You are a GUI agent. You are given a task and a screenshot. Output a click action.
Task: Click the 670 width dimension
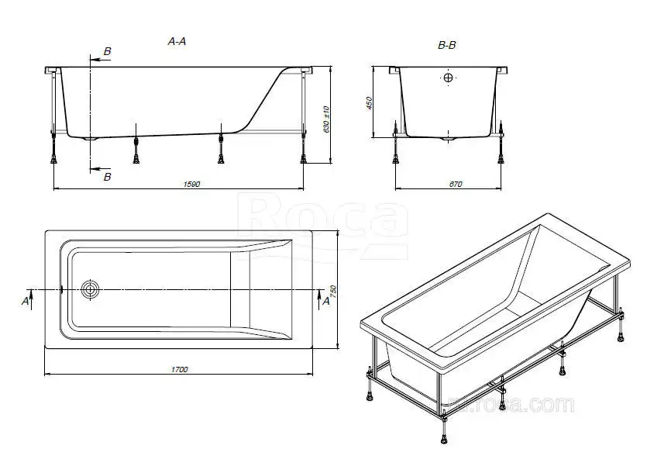(454, 184)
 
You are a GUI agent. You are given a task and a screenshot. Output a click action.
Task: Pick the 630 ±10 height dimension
(326, 118)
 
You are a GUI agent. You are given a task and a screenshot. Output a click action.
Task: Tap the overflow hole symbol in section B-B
(448, 78)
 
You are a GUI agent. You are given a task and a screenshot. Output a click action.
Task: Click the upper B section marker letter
(107, 51)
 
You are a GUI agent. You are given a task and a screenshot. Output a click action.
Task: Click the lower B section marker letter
(107, 177)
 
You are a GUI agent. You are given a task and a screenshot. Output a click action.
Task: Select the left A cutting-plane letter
(26, 299)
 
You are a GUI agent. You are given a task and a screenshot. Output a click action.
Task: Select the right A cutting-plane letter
(325, 301)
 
